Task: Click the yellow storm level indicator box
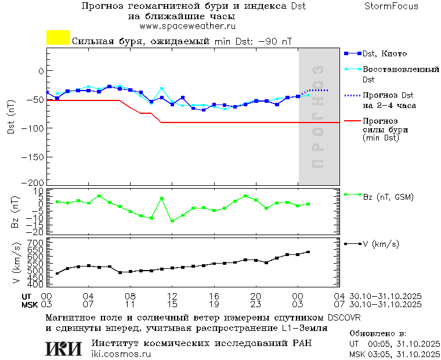[58, 38]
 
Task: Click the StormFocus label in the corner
[391, 6]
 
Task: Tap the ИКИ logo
[64, 348]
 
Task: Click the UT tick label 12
[172, 296]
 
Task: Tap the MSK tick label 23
[255, 304]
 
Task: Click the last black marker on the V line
[308, 252]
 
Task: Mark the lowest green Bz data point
[172, 221]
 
